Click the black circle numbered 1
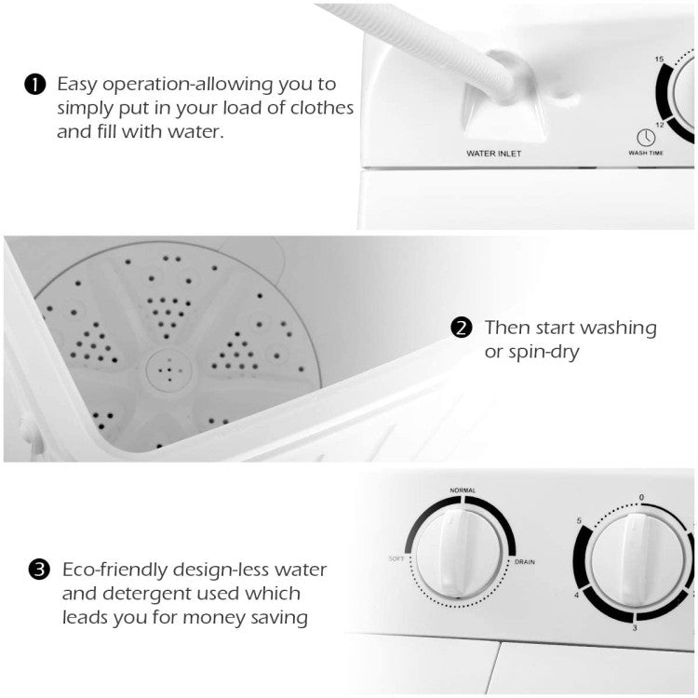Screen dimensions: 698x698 (34, 86)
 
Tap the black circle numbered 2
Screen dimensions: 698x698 (461, 329)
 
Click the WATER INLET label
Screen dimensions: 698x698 (494, 152)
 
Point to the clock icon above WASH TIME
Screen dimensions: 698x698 (646, 137)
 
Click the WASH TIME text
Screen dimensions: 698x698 (646, 153)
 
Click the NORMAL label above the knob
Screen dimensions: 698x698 (463, 489)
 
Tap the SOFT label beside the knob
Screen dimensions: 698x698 (396, 559)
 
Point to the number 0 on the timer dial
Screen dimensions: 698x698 (641, 498)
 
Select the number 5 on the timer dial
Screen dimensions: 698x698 (580, 519)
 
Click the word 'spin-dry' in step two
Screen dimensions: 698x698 (534, 354)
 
